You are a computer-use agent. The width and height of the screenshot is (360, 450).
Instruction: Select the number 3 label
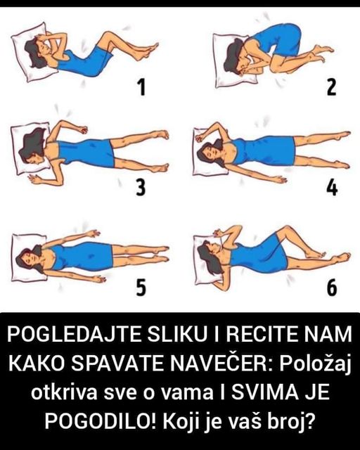141,187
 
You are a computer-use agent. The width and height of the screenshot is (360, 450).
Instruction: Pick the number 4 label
332,187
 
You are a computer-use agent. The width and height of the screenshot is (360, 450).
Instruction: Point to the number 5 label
141,287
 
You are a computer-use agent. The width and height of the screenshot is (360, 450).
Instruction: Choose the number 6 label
332,287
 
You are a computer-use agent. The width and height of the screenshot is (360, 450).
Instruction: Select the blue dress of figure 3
86,151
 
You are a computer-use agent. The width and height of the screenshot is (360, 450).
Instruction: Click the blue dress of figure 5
83,256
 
